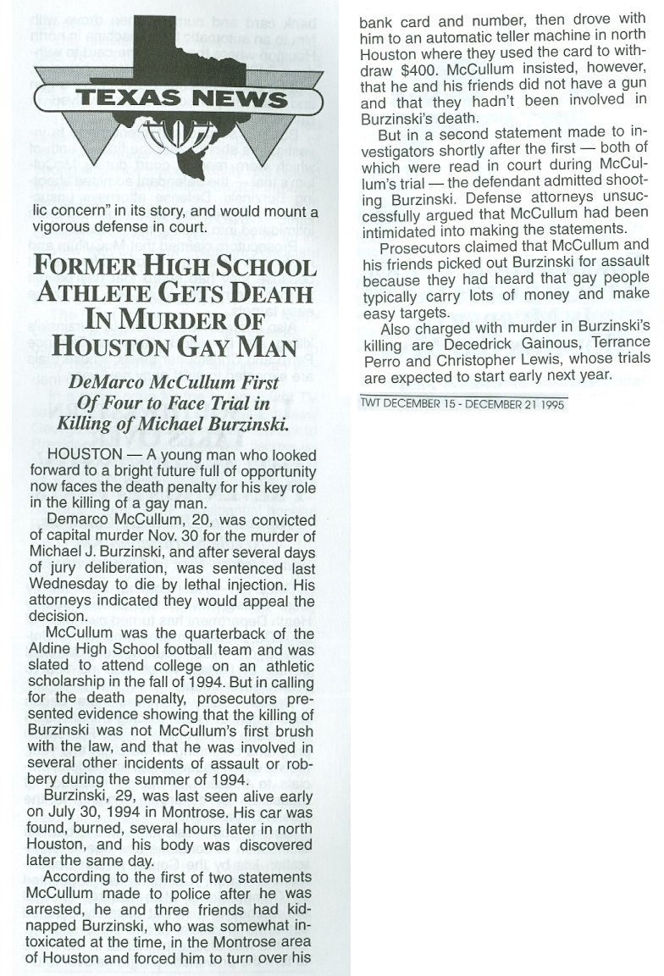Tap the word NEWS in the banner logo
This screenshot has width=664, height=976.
(x=238, y=99)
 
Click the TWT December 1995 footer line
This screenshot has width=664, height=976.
(x=462, y=405)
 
